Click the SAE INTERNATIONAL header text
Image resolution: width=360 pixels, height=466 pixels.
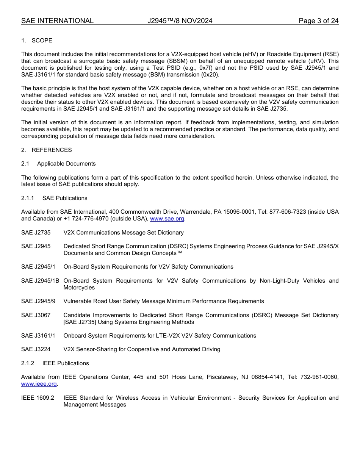click(57, 21)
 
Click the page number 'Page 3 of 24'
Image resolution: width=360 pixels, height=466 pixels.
click(318, 21)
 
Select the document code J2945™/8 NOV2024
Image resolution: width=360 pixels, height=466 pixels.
click(180, 21)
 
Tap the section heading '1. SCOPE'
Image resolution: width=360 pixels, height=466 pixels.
click(37, 41)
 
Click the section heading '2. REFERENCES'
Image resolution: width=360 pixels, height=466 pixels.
click(46, 150)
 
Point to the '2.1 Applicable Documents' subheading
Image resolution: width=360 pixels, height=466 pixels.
click(58, 164)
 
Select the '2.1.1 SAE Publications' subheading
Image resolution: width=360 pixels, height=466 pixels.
click(54, 198)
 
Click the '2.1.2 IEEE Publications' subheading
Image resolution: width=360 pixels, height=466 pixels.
click(55, 363)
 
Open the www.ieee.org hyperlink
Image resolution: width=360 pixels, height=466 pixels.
click(39, 384)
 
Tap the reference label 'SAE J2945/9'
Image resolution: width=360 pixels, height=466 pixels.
click(38, 301)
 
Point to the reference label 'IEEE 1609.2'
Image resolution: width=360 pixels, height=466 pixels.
click(38, 398)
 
